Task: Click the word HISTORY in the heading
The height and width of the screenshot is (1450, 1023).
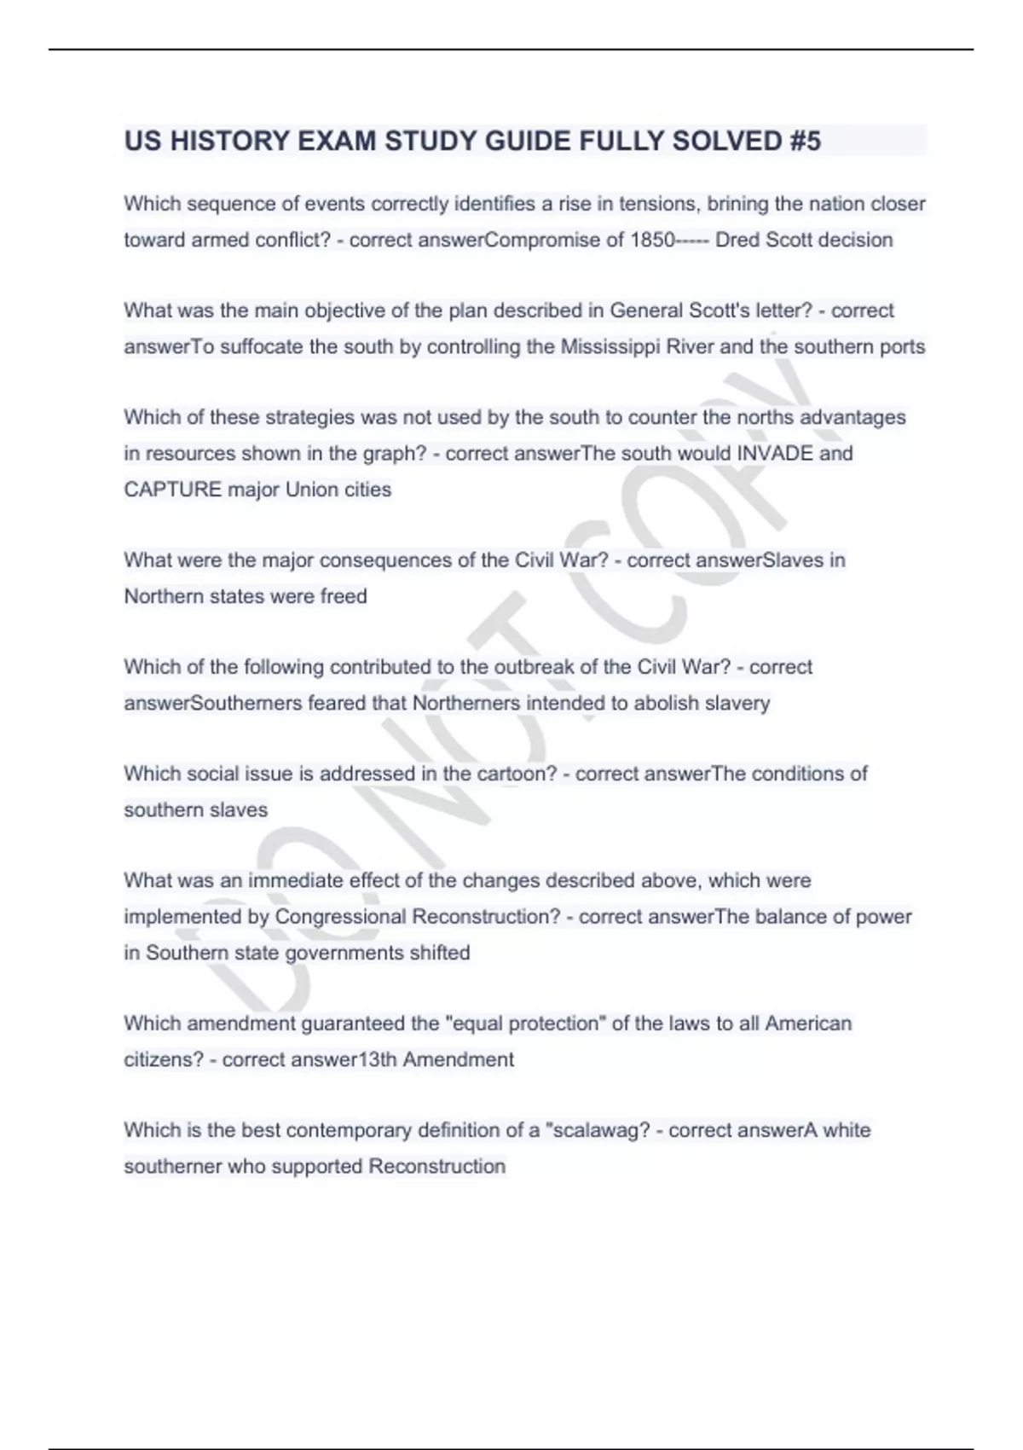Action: [x=229, y=141]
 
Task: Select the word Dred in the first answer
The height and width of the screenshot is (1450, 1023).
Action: [x=737, y=240]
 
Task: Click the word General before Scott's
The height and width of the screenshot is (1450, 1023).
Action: [x=646, y=310]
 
